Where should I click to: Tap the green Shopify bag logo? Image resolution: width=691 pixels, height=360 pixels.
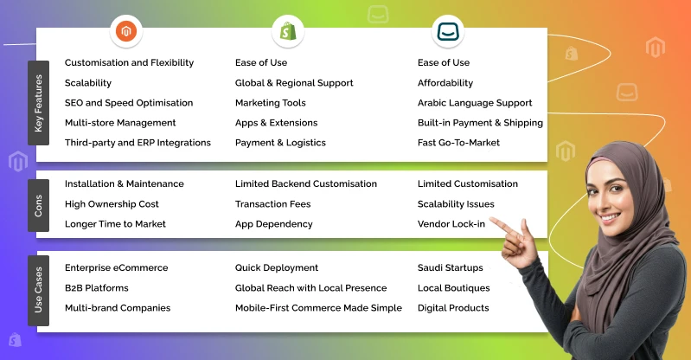pyautogui.click(x=286, y=33)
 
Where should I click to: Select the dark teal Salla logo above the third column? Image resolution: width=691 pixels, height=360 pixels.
pyautogui.click(x=447, y=33)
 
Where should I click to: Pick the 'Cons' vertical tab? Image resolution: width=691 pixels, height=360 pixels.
pyautogui.click(x=38, y=205)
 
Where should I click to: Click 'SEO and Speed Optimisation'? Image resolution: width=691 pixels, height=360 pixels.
pyautogui.click(x=129, y=103)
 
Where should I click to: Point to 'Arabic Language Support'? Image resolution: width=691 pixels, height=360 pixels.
pyautogui.click(x=475, y=103)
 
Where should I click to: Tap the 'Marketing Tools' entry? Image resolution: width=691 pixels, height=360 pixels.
pyautogui.click(x=271, y=103)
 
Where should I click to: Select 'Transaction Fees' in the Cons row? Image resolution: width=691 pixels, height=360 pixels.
pyautogui.click(x=272, y=204)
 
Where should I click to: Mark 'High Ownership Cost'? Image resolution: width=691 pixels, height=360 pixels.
pyautogui.click(x=112, y=204)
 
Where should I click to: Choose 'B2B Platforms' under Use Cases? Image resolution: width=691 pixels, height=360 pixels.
pyautogui.click(x=97, y=288)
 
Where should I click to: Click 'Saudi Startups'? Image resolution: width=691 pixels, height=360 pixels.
pyautogui.click(x=451, y=268)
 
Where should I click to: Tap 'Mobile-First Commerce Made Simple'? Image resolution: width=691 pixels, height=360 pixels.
pyautogui.click(x=318, y=308)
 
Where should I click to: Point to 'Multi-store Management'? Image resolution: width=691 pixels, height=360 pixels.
pyautogui.click(x=120, y=123)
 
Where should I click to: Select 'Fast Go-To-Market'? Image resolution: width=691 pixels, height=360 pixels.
pyautogui.click(x=458, y=143)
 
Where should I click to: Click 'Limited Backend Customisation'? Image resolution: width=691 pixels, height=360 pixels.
pyautogui.click(x=306, y=184)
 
